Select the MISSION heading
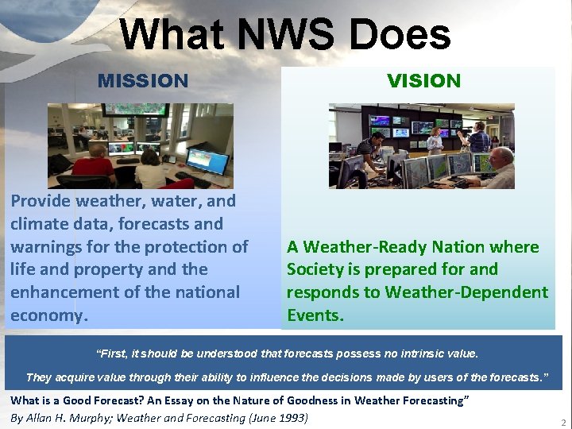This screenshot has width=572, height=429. [143, 81]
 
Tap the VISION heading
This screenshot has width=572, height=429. [423, 81]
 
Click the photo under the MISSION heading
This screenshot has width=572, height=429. [141, 145]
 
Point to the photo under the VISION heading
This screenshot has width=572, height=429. [422, 146]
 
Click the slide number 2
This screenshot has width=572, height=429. [563, 423]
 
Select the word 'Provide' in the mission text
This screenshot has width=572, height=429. [39, 201]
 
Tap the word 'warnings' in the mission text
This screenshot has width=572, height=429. [46, 247]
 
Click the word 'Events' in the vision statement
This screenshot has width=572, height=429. [315, 315]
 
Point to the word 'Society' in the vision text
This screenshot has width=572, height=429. [315, 269]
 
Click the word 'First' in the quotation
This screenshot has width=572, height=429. [114, 353]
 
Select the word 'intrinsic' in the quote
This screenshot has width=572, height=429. [405, 353]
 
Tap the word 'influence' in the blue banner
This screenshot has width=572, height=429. [247, 377]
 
